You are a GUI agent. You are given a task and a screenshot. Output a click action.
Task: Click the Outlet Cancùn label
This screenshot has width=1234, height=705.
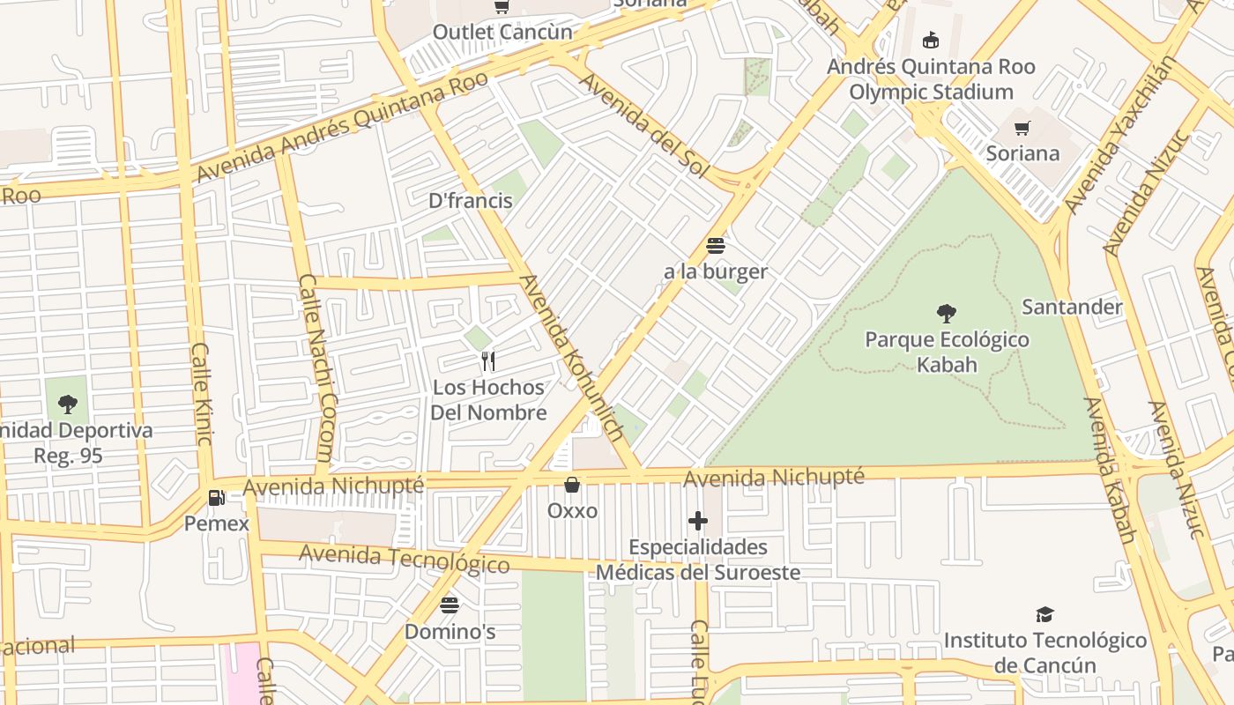[x=502, y=33]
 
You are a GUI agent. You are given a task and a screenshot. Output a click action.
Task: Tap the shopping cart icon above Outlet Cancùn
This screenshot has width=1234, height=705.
[x=502, y=7]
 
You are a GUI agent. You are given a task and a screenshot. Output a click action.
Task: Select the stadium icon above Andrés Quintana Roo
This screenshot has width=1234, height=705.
[x=930, y=40]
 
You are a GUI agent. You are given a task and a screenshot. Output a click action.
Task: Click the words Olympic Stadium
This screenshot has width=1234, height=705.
[x=931, y=92]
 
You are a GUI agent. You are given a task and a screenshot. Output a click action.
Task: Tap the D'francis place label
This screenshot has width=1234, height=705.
[x=470, y=201]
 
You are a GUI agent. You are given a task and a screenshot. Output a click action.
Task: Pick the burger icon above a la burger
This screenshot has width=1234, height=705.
[x=715, y=246]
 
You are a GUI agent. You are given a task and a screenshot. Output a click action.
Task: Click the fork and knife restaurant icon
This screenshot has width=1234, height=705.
[x=488, y=361]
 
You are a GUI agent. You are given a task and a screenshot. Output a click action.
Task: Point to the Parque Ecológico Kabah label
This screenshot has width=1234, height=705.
[x=947, y=352]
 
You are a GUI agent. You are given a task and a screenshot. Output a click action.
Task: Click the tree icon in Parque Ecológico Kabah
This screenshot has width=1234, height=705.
[x=947, y=313]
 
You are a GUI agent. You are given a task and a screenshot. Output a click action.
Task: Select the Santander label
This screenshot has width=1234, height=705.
[x=1072, y=307]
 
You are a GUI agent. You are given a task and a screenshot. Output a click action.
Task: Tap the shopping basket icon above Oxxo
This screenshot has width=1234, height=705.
[x=572, y=486]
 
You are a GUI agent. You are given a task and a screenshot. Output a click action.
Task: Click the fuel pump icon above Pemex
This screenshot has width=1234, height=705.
[x=216, y=498]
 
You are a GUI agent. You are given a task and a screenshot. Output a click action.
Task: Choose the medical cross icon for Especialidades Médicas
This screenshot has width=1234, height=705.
[x=698, y=521]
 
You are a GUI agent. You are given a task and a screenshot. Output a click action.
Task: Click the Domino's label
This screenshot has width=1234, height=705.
[x=450, y=632]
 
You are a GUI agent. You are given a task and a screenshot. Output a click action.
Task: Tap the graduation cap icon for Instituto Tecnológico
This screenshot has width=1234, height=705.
[x=1044, y=614]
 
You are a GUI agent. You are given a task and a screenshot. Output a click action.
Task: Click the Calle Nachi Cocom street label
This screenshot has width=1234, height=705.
[x=316, y=367]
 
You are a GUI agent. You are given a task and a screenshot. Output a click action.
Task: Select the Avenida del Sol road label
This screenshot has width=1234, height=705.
[x=643, y=125]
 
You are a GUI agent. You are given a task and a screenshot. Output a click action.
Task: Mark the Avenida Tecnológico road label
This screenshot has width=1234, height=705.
[x=404, y=559]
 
